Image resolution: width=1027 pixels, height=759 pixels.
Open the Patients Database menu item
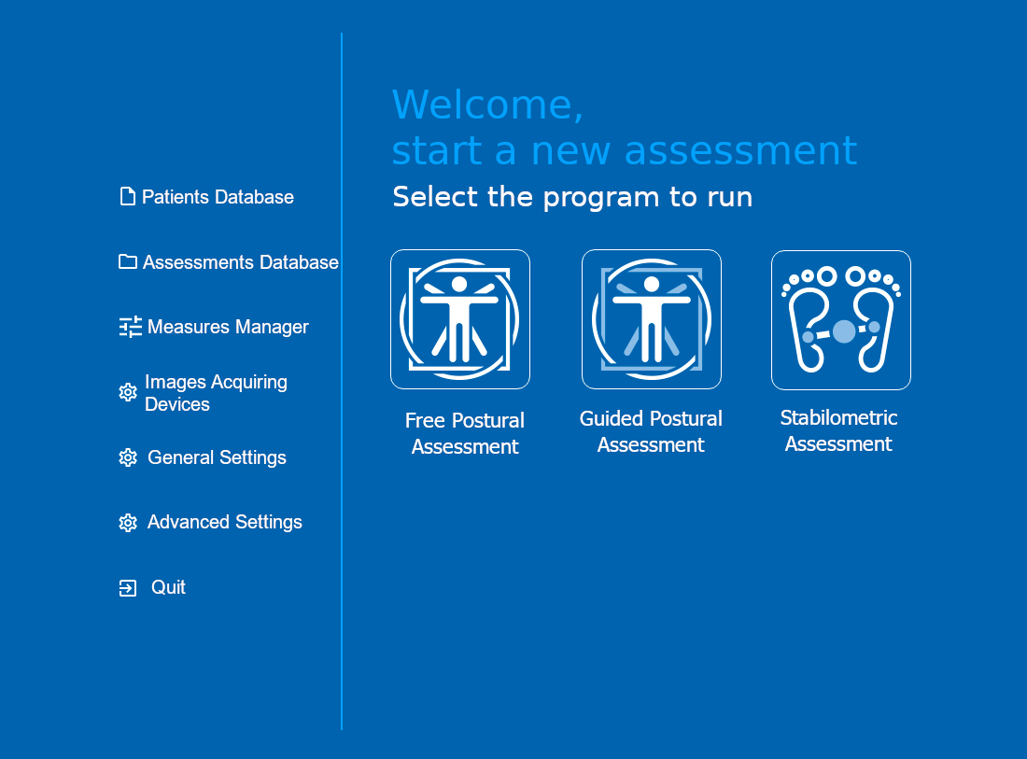(218, 197)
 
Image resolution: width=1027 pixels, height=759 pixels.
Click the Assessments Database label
(240, 262)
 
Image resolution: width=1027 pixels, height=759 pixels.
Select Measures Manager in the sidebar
(228, 327)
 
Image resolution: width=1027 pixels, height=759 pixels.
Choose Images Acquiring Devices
(216, 393)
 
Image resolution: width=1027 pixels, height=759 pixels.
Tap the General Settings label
(217, 457)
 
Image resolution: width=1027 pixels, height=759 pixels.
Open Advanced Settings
(225, 522)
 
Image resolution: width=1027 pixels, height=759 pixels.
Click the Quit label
(168, 587)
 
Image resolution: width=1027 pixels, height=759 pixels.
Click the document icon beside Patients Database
(128, 196)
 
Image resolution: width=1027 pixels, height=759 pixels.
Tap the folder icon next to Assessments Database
(128, 262)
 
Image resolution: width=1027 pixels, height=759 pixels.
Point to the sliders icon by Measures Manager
(131, 327)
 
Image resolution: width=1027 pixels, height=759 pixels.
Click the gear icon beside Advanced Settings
(128, 523)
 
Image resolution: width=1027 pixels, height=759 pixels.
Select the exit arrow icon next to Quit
(128, 588)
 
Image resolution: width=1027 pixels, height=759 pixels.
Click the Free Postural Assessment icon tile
(460, 319)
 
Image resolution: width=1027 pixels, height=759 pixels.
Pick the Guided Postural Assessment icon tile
(652, 319)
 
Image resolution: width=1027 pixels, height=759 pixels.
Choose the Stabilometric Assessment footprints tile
(841, 320)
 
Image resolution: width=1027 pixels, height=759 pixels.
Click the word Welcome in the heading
(487, 105)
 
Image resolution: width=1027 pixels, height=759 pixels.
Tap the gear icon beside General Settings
(128, 457)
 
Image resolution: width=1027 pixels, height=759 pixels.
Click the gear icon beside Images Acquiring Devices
(128, 392)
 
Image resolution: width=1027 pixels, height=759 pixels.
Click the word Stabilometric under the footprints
(838, 418)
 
